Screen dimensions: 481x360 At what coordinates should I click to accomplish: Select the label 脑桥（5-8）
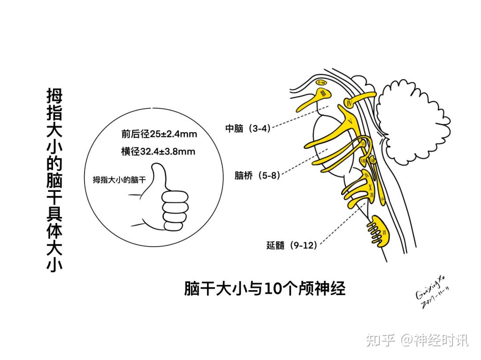coord(257,176)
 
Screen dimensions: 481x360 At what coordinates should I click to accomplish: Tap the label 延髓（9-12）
coord(292,245)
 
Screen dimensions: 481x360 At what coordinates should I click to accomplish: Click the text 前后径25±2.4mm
coord(159,133)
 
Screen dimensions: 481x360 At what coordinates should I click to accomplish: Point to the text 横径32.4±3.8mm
coord(158,151)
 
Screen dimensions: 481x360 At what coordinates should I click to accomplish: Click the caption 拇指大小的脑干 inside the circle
coord(119,180)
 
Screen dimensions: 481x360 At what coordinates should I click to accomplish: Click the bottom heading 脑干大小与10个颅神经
coord(265,289)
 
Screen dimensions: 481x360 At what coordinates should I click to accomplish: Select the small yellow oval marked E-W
coord(322,82)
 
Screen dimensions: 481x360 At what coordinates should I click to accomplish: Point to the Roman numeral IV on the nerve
coord(350,104)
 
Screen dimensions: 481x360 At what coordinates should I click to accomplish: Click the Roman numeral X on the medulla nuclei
coord(369,187)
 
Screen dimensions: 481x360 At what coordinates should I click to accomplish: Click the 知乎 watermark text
coord(381,341)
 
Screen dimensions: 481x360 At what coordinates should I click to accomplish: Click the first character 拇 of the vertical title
coord(54,95)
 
